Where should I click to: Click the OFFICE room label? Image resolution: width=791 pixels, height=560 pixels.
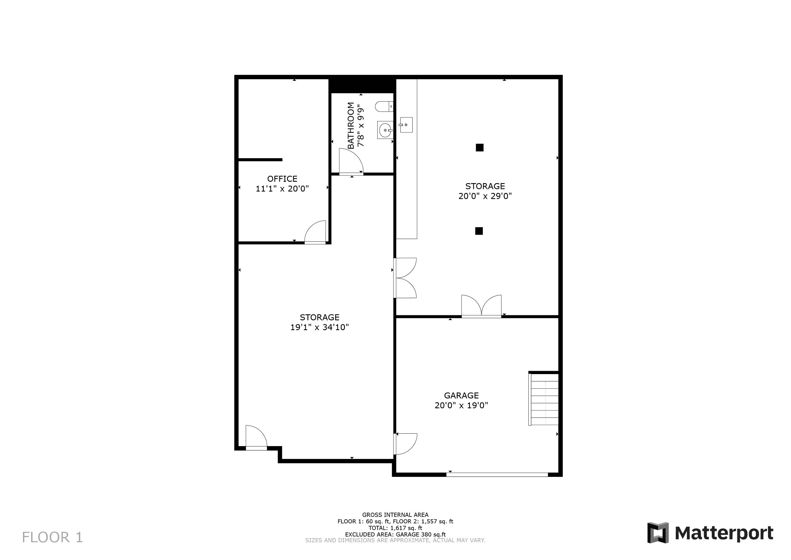282,179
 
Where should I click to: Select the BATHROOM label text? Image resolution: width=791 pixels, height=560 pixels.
351,125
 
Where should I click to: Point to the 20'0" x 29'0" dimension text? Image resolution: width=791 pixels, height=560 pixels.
485,196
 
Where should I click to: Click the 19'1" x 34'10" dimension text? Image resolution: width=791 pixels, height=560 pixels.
320,327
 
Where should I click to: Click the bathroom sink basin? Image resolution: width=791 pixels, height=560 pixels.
385,130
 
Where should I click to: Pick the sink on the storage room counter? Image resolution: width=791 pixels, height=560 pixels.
406,125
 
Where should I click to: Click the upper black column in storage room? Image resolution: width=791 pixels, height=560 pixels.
480,148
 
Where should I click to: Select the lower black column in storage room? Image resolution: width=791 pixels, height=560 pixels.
479,231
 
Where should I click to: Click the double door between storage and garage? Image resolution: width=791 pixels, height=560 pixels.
481,306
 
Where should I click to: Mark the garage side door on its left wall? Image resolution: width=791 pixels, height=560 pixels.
406,444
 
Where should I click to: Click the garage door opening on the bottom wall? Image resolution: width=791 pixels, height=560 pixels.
497,475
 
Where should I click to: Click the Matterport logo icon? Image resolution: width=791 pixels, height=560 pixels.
658,533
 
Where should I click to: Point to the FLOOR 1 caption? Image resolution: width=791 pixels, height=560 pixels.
52,537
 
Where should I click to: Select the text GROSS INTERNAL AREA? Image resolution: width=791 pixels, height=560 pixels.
395,515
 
